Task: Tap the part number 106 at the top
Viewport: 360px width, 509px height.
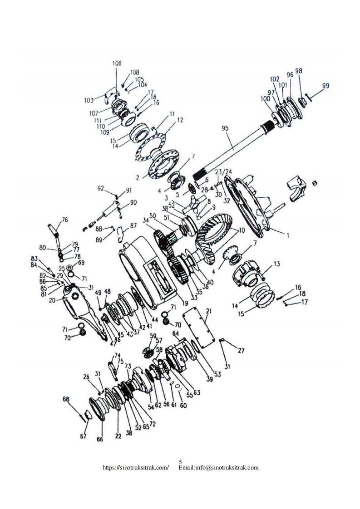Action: tap(117, 64)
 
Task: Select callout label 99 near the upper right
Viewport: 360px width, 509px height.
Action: tap(325, 86)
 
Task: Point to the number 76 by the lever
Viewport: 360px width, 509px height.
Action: tap(65, 220)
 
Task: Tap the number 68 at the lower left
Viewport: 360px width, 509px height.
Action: tap(66, 399)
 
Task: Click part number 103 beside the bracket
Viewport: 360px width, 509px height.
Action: tap(89, 99)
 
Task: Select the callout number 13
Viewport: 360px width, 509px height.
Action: tap(277, 264)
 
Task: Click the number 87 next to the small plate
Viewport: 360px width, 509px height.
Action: tap(133, 225)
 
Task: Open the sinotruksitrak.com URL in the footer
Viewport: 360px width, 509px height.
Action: tap(136, 467)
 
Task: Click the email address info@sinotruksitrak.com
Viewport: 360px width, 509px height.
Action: tap(219, 467)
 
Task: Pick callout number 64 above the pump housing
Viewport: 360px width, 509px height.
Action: tap(176, 333)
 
